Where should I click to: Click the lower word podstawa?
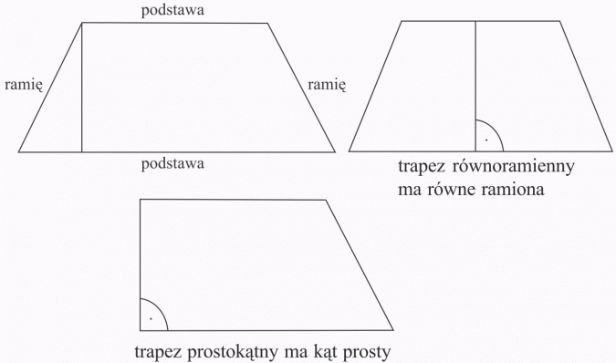pyautogui.click(x=172, y=164)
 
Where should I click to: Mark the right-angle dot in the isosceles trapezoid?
pyautogui.click(x=486, y=140)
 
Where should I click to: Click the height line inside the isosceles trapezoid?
pyautogui.click(x=475, y=82)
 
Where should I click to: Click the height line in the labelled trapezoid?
pyautogui.click(x=81, y=91)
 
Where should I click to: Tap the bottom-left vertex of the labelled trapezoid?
pyautogui.click(x=19, y=151)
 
